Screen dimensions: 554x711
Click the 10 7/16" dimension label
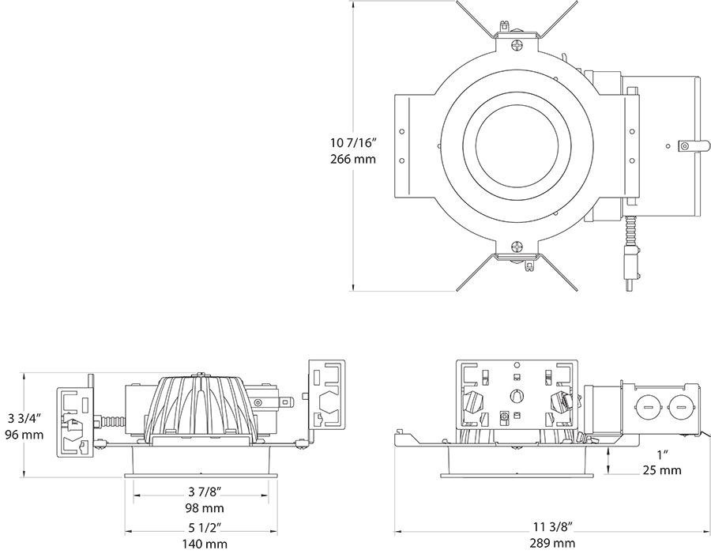click(x=352, y=143)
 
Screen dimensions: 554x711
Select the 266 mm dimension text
click(x=352, y=159)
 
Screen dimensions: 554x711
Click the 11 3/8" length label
click(x=552, y=526)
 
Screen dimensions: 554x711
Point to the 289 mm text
click(x=552, y=543)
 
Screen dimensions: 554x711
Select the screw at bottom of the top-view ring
click(x=517, y=247)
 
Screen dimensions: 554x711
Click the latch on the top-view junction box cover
click(x=687, y=145)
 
